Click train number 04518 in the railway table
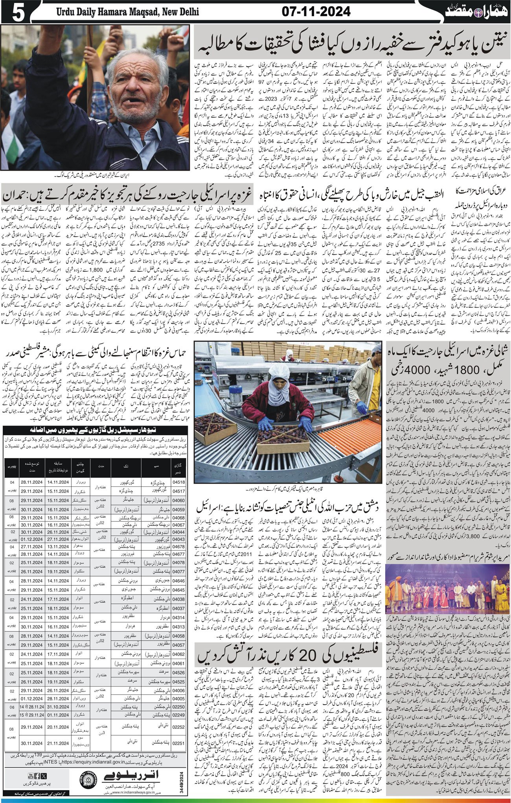pyautogui.click(x=178, y=482)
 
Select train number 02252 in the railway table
pyautogui.click(x=178, y=727)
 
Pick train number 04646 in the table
pyautogui.click(x=178, y=580)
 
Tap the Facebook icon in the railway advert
pyautogui.click(x=37, y=776)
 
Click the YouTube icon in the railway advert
pyautogui.click(x=31, y=776)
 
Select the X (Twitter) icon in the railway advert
pyautogui.click(x=44, y=776)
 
